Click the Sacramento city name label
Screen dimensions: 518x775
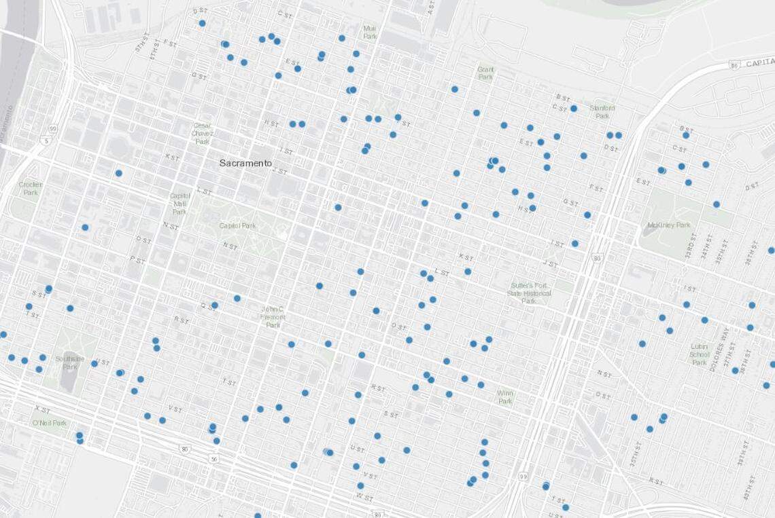point(245,164)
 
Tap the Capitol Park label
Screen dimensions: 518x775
point(237,225)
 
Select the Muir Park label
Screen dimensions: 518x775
point(369,32)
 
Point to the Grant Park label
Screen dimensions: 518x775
point(485,73)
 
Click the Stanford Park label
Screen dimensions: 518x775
point(602,112)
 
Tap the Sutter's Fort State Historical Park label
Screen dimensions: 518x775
point(530,292)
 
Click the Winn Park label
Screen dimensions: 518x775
point(505,396)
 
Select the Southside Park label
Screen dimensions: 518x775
point(70,362)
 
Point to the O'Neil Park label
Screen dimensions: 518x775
point(50,424)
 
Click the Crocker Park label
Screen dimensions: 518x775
point(31,188)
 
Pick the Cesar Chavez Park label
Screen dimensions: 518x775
point(203,133)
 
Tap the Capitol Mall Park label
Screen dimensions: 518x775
point(179,202)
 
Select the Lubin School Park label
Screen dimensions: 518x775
point(700,354)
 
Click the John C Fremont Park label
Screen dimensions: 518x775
point(273,317)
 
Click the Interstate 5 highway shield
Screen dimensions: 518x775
point(46,141)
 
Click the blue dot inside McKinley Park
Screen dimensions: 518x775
point(716,204)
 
